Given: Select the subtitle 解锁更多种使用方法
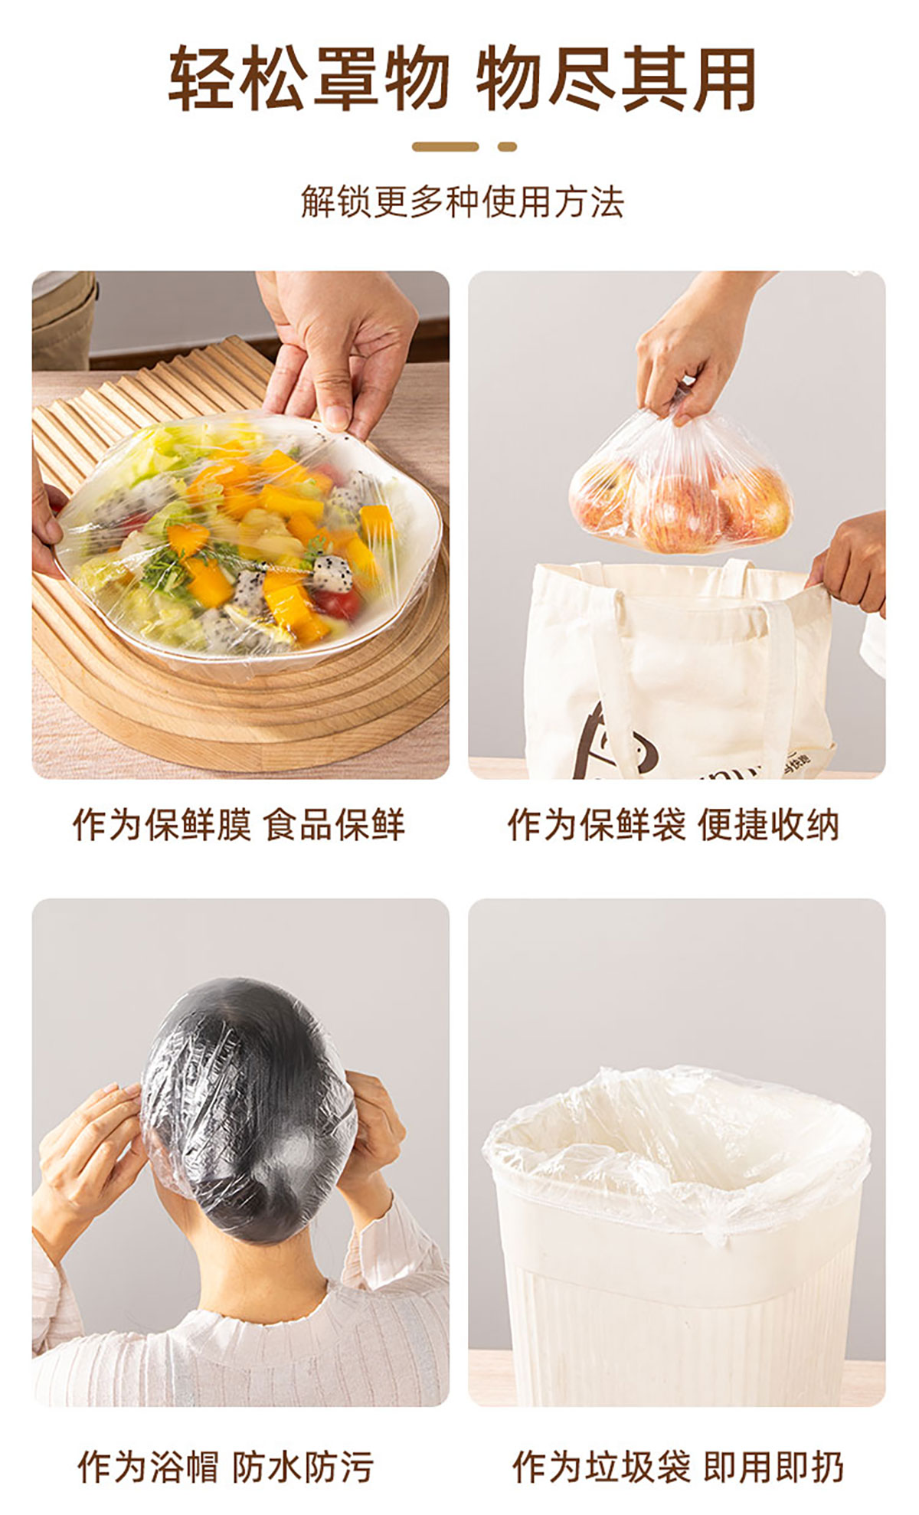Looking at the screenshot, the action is click(462, 202).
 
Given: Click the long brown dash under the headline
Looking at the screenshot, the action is click(445, 146).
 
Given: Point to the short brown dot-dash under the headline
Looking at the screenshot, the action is click(507, 146).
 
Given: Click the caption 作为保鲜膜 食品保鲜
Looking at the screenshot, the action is click(238, 825).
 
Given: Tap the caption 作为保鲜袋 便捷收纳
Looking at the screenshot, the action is click(673, 825).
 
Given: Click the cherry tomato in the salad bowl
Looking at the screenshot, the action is click(337, 602).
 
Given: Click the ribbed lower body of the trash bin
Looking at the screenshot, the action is click(682, 1333).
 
